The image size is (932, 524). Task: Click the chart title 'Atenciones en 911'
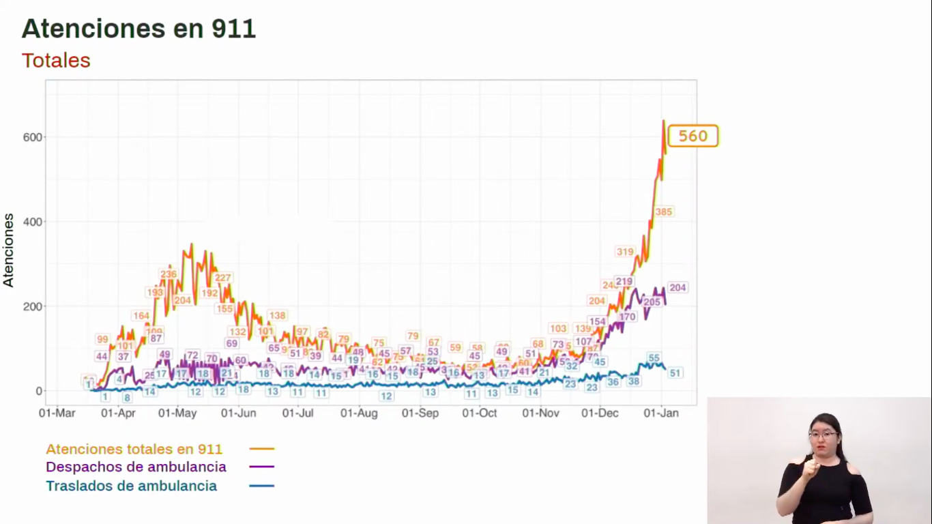pos(139,29)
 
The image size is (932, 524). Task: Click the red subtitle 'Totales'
pos(56,61)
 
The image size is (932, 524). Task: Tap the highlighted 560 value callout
pos(693,136)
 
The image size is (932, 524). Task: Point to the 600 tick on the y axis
pos(33,137)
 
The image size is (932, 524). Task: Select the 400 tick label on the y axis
pos(33,222)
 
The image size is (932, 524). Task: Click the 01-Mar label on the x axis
pos(57,413)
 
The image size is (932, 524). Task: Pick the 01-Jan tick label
pos(661,413)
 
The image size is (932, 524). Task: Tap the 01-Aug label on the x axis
pos(359,413)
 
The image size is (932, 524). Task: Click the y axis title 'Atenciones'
pos(9,250)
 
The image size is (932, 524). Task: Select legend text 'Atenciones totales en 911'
pos(134,449)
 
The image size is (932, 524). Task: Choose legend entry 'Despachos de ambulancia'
pos(136,467)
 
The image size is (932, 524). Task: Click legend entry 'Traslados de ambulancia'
pos(132,486)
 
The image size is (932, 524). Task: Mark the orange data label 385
pos(664,212)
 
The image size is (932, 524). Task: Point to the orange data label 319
pos(625,252)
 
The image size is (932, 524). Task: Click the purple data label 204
pos(678,288)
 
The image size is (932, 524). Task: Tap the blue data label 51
pos(675,373)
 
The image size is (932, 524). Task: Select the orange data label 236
pos(169,274)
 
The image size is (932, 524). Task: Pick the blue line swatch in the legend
pos(262,486)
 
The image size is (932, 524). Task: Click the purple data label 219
pos(624,281)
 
